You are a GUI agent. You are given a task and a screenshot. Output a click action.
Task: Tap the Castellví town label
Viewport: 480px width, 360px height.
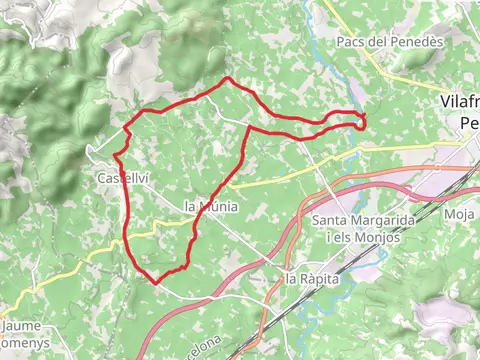pyautogui.click(x=123, y=177)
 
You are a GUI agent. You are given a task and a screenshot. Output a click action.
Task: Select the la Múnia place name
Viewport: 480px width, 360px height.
pyautogui.click(x=212, y=206)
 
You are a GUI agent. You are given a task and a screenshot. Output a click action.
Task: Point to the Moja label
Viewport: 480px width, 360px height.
pyautogui.click(x=458, y=214)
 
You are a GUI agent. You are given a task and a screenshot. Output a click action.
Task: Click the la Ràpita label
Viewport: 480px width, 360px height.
pyautogui.click(x=313, y=278)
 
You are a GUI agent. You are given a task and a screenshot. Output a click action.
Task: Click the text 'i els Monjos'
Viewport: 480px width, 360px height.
pyautogui.click(x=364, y=237)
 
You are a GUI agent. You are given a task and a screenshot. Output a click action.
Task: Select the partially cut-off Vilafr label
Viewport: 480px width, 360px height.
pyautogui.click(x=460, y=101)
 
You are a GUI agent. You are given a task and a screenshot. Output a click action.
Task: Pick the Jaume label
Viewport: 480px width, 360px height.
pyautogui.click(x=21, y=325)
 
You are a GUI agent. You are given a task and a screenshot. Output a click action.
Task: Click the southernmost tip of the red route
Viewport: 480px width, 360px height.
pyautogui.click(x=156, y=282)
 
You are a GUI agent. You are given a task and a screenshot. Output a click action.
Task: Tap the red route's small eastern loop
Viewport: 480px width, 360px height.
pyautogui.click(x=357, y=120)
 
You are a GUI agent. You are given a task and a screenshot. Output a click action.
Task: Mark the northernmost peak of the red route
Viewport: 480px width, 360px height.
pyautogui.click(x=229, y=78)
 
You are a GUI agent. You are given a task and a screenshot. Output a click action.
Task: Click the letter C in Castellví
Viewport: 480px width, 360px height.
pyautogui.click(x=101, y=177)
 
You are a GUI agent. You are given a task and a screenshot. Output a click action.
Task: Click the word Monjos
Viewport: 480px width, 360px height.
pyautogui.click(x=379, y=237)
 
